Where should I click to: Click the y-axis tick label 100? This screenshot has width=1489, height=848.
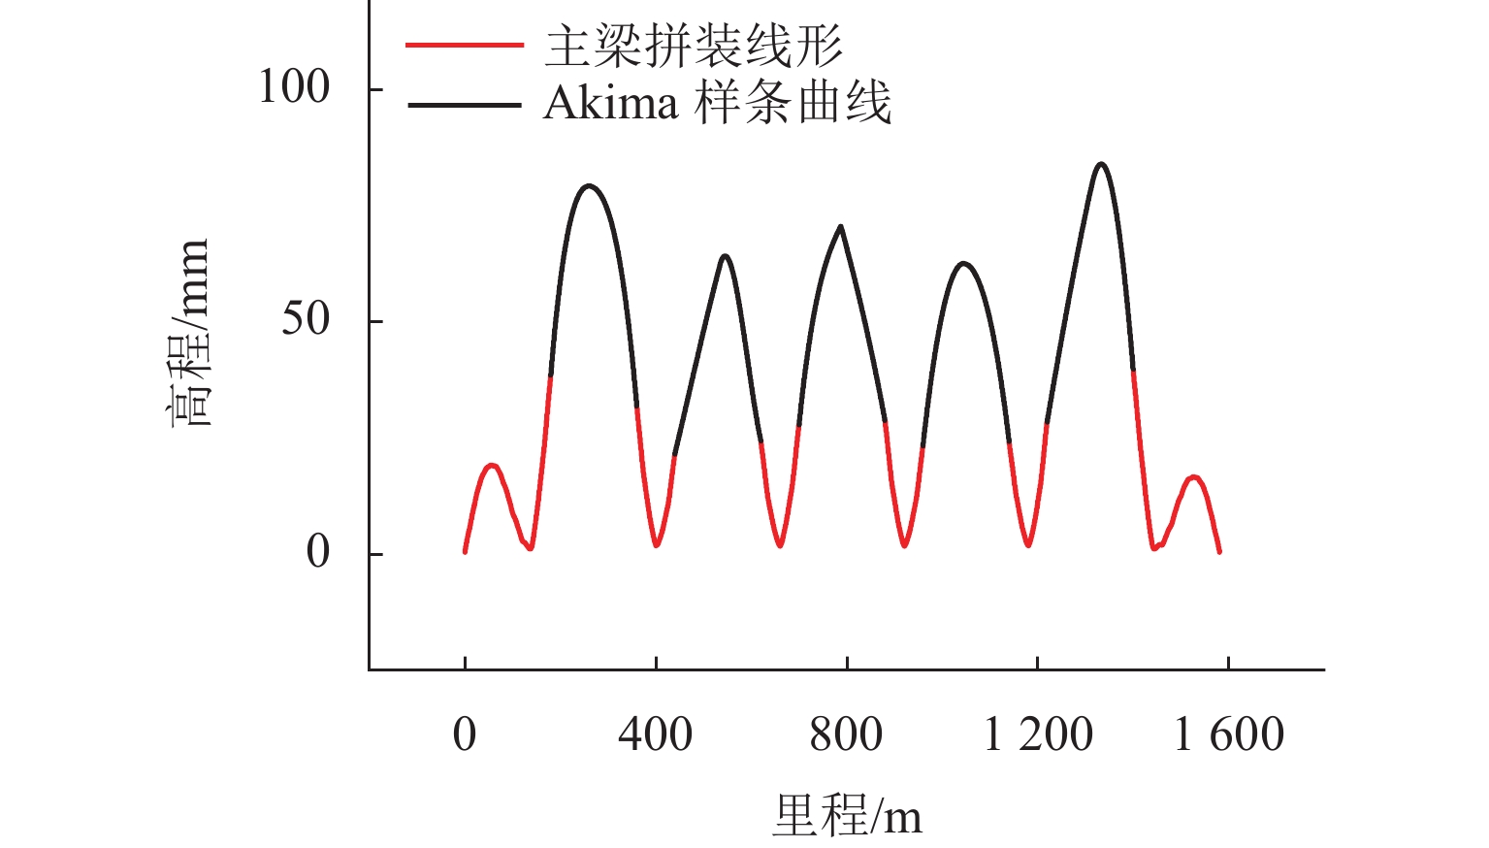point(293,87)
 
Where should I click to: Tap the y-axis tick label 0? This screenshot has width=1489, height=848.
point(318,552)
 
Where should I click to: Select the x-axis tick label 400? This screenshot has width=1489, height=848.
point(656,734)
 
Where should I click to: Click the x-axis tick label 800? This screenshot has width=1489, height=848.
point(846,734)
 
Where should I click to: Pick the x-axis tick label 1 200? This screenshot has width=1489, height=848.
point(1038,734)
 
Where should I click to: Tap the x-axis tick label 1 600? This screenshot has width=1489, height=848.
point(1229,734)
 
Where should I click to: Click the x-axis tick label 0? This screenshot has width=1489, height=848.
point(465,734)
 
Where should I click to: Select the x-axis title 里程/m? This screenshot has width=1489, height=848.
point(847,815)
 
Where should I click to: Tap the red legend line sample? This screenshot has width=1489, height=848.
point(465,46)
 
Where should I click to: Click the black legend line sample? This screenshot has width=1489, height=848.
point(465,103)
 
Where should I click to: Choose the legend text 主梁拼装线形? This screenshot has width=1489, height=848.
point(693,46)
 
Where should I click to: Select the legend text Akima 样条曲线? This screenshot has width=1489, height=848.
point(717,103)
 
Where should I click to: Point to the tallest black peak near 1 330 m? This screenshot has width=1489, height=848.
point(1100,164)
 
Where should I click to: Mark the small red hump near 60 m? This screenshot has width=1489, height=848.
point(492,466)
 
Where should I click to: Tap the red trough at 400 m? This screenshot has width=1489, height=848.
point(657,545)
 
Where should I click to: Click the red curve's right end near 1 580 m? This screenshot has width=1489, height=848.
point(1219,551)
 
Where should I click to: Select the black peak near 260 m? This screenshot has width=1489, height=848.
point(589,185)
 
